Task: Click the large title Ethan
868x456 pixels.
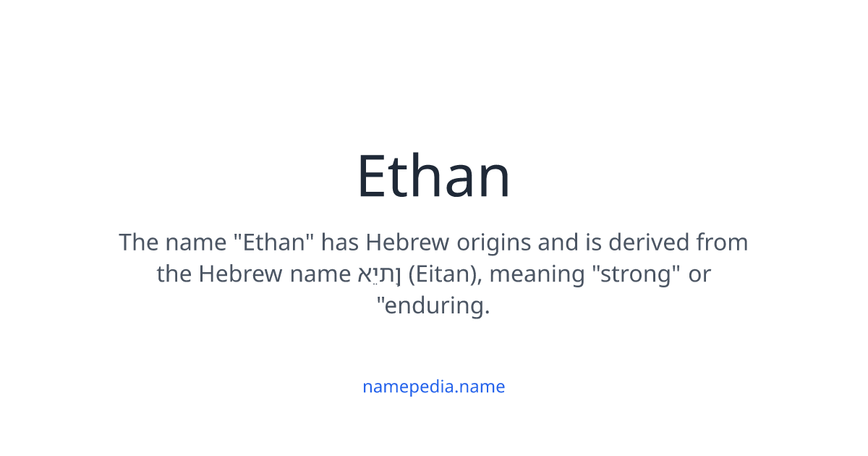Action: tap(434, 177)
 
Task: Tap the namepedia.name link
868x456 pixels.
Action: tap(434, 387)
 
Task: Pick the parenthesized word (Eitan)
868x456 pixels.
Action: tap(441, 274)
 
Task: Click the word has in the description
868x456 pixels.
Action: tap(339, 242)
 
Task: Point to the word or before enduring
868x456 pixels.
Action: tap(699, 274)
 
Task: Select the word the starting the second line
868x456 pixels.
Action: tap(174, 274)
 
